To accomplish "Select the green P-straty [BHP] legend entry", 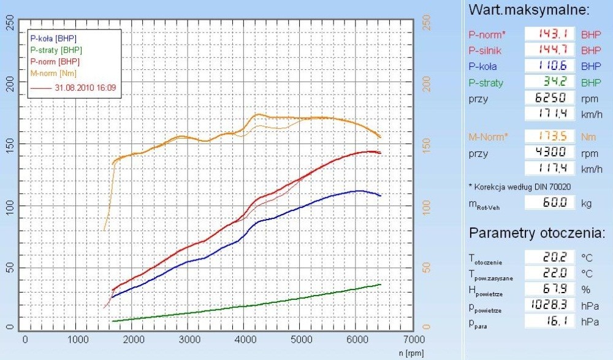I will (x=56, y=50).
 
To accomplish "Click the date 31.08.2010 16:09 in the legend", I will (x=85, y=88).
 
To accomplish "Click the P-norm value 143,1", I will (x=550, y=34).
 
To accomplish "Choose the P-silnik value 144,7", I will (x=550, y=50).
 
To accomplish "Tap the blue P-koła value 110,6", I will (x=550, y=66).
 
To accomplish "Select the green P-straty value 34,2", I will (x=550, y=82).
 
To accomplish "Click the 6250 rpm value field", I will (x=550, y=98).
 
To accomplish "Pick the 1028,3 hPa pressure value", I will (x=550, y=305).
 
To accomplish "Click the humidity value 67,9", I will (x=550, y=289).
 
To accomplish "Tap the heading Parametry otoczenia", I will (x=537, y=234).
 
